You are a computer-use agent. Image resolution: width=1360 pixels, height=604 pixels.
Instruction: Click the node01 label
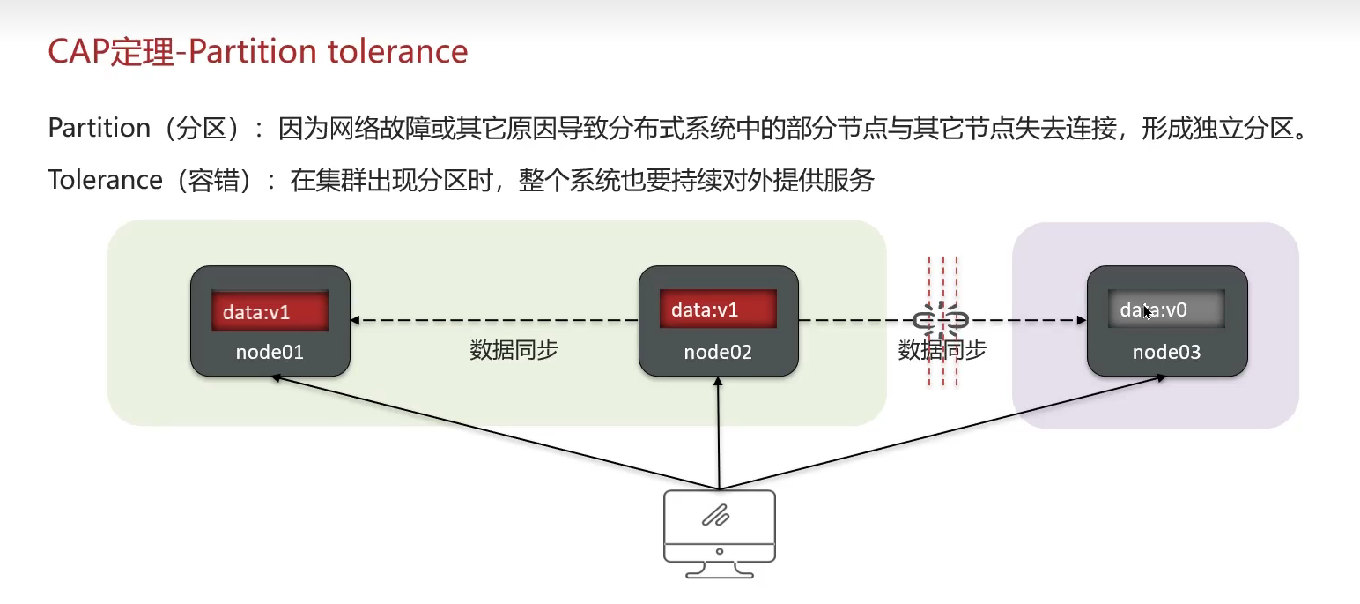click(x=270, y=353)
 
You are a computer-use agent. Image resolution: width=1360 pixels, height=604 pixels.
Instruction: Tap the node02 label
click(x=718, y=353)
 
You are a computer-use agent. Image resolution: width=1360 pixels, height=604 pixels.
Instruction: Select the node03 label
click(x=1166, y=353)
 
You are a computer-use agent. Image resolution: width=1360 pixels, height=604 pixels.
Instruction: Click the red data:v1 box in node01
click(x=270, y=311)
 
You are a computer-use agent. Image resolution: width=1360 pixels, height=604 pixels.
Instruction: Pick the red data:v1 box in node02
click(x=718, y=309)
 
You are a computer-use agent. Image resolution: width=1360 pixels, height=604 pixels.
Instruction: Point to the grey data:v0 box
click(x=1166, y=310)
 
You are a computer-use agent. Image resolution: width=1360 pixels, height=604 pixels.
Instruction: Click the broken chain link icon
click(x=942, y=320)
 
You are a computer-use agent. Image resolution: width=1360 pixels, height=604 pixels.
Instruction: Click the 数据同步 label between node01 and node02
click(x=514, y=350)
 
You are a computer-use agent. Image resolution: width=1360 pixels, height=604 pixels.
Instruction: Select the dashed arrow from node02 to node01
click(x=493, y=321)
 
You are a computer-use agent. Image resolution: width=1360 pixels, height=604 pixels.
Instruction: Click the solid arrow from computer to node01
click(x=493, y=432)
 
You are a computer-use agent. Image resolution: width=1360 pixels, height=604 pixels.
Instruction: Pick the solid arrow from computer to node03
click(x=942, y=432)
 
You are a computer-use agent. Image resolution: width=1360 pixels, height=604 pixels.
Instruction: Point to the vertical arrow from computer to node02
click(x=719, y=432)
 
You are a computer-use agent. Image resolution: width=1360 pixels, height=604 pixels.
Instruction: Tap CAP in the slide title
click(x=76, y=51)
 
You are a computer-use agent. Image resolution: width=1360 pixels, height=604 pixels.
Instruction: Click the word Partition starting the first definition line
click(x=99, y=129)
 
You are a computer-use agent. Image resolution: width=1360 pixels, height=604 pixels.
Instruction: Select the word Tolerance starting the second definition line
click(x=105, y=180)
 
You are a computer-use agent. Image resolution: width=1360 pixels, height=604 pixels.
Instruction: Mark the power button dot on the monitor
click(x=720, y=551)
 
